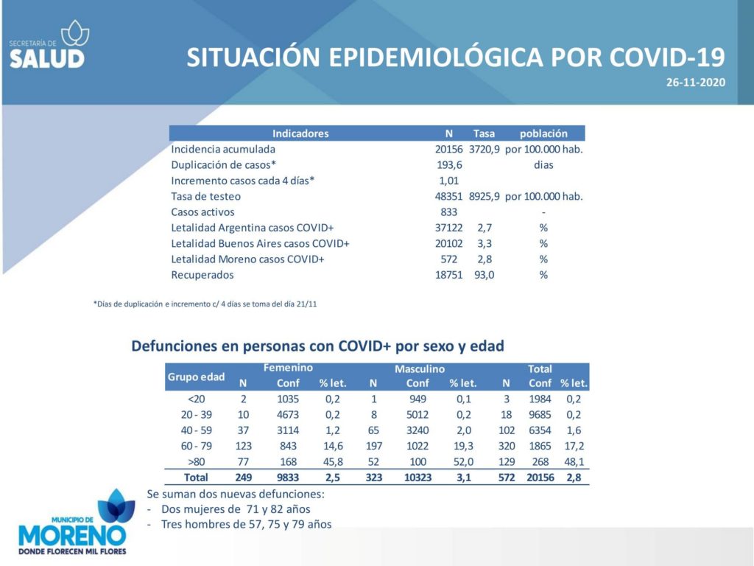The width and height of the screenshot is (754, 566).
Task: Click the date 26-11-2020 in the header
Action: pos(695,83)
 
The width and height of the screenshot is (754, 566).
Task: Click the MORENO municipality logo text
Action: pos(72,536)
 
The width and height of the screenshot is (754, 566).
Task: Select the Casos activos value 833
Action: pos(448,212)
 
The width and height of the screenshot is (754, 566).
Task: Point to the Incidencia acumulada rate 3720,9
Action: pos(485,149)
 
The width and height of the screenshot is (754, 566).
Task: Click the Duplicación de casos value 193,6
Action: pos(449,165)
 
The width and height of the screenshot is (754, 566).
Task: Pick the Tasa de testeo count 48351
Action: pos(448,196)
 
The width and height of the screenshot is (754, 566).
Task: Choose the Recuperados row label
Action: pos(202,275)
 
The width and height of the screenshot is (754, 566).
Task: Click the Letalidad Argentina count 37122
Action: pos(448,228)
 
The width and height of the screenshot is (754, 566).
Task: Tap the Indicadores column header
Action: pos(300,133)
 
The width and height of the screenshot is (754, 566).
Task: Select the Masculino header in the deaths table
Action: pos(420,369)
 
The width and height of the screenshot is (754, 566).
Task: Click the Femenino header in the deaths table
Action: pos(288,368)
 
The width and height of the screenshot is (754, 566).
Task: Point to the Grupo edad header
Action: pos(196,377)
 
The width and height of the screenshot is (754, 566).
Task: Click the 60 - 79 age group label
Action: pos(196,446)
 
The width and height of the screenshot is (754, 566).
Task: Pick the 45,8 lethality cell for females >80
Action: pos(333,462)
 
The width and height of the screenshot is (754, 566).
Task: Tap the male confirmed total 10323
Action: pos(417,478)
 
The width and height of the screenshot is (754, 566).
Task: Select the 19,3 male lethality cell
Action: pos(464,446)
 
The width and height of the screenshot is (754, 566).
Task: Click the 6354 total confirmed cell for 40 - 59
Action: pos(540,430)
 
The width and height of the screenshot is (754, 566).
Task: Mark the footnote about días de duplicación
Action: pos(205,304)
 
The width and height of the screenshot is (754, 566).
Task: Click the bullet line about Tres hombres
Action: pos(239,524)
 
